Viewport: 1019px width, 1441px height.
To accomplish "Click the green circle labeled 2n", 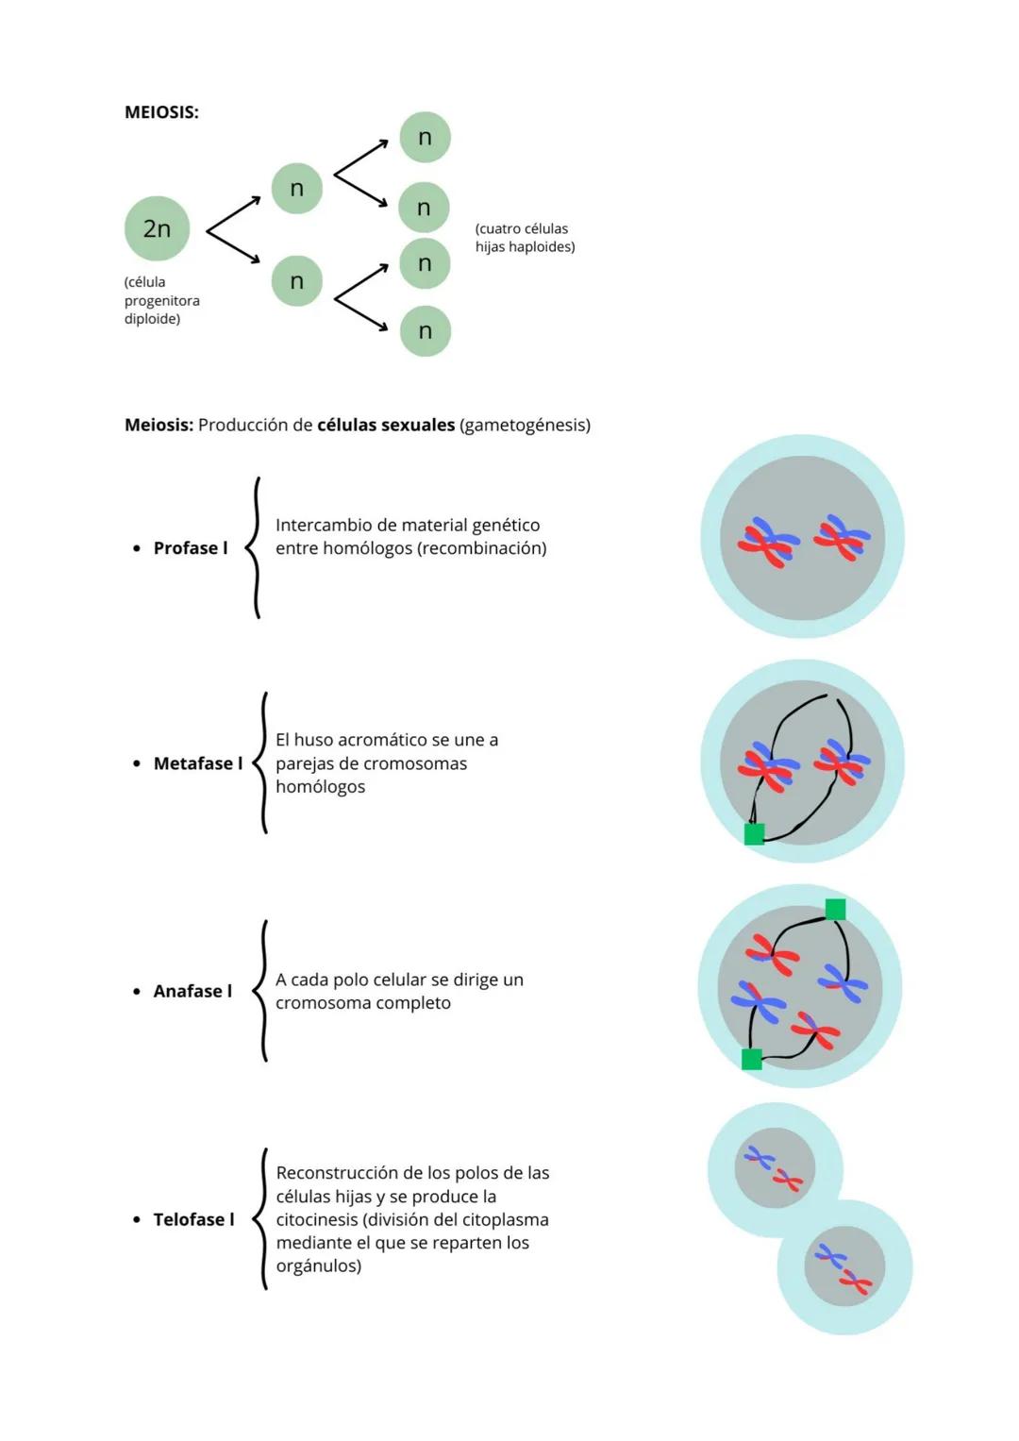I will tap(157, 228).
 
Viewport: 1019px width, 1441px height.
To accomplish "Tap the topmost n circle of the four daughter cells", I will tap(425, 137).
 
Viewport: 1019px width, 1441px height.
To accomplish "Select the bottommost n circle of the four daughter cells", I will tap(425, 331).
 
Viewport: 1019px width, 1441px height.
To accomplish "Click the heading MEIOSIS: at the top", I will tap(161, 112).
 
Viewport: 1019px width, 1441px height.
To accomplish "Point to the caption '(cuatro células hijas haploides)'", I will tap(525, 238).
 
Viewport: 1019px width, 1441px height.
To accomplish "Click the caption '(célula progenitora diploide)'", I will tap(161, 300).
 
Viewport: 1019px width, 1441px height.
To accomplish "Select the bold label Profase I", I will tap(191, 548).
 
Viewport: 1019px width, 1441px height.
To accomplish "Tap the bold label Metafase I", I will tap(197, 763).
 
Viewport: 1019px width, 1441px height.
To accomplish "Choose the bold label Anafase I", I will tap(192, 991).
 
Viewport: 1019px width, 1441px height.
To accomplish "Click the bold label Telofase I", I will tap(193, 1219).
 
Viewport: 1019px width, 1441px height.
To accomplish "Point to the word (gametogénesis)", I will tap(525, 425).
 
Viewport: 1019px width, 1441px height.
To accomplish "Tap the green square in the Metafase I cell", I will tap(754, 833).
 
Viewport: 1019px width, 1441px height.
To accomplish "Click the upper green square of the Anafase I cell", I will tap(835, 909).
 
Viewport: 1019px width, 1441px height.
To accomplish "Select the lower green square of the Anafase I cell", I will tap(752, 1059).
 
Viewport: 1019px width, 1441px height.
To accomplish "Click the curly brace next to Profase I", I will tap(254, 548).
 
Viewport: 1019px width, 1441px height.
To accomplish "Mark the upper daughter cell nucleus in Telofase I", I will tap(775, 1168).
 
